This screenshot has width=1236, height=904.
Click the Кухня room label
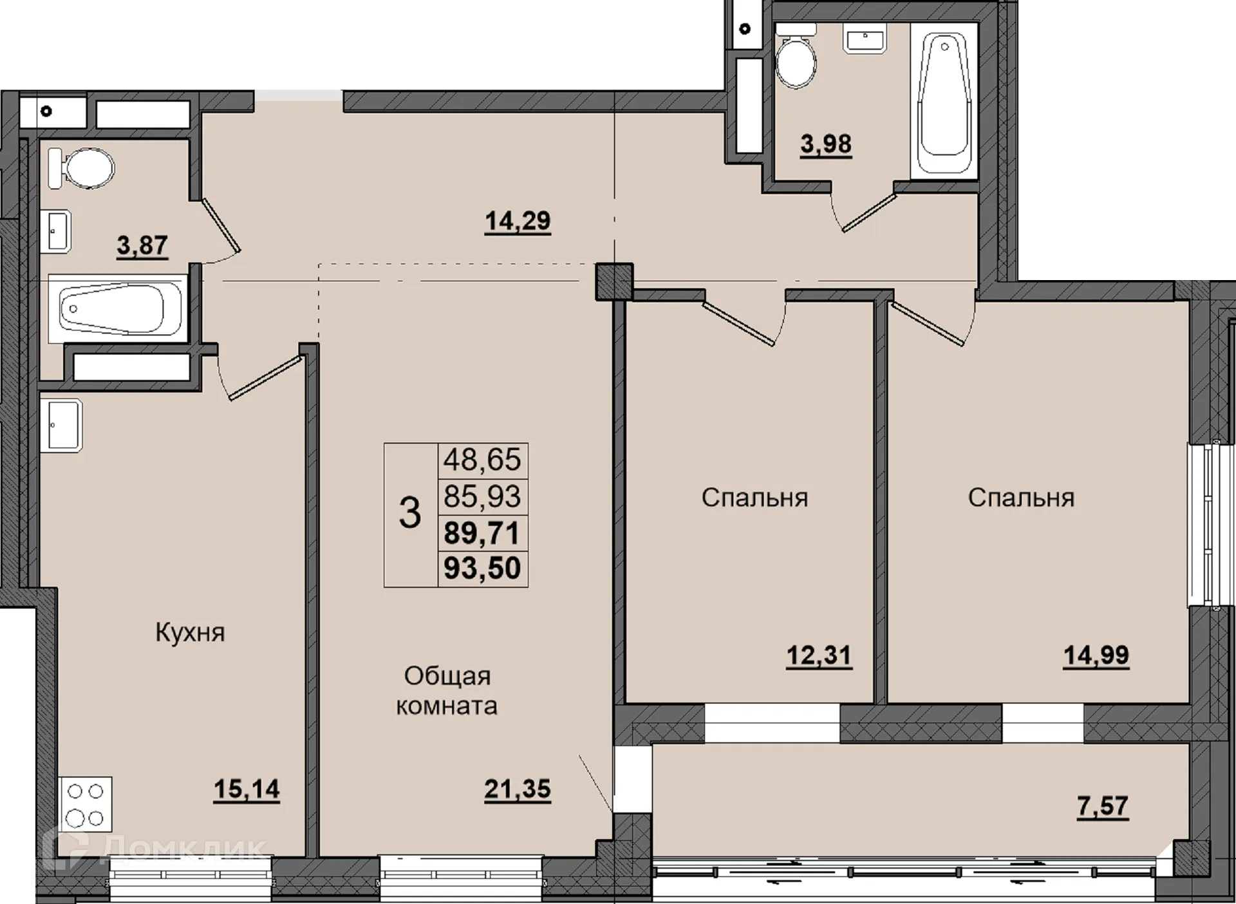(x=190, y=633)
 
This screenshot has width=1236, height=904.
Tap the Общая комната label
(x=446, y=691)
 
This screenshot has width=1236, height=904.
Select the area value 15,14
(x=247, y=789)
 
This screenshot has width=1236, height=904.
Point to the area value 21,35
(x=518, y=789)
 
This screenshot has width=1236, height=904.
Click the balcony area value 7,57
(x=1103, y=806)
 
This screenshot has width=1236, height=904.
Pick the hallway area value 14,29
(x=518, y=221)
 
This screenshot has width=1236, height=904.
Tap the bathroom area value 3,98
(x=826, y=144)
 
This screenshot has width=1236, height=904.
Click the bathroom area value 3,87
(x=142, y=245)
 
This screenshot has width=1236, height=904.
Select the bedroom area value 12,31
(x=819, y=656)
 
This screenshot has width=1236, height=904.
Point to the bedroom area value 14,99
(x=1096, y=655)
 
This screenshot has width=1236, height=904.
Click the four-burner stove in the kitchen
(x=86, y=804)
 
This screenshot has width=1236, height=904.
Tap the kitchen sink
(x=61, y=425)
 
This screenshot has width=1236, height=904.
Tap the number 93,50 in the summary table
(x=482, y=569)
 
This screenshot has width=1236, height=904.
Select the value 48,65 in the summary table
(x=482, y=460)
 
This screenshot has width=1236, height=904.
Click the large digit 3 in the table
(x=410, y=514)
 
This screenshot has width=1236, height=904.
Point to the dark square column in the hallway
(x=614, y=282)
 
